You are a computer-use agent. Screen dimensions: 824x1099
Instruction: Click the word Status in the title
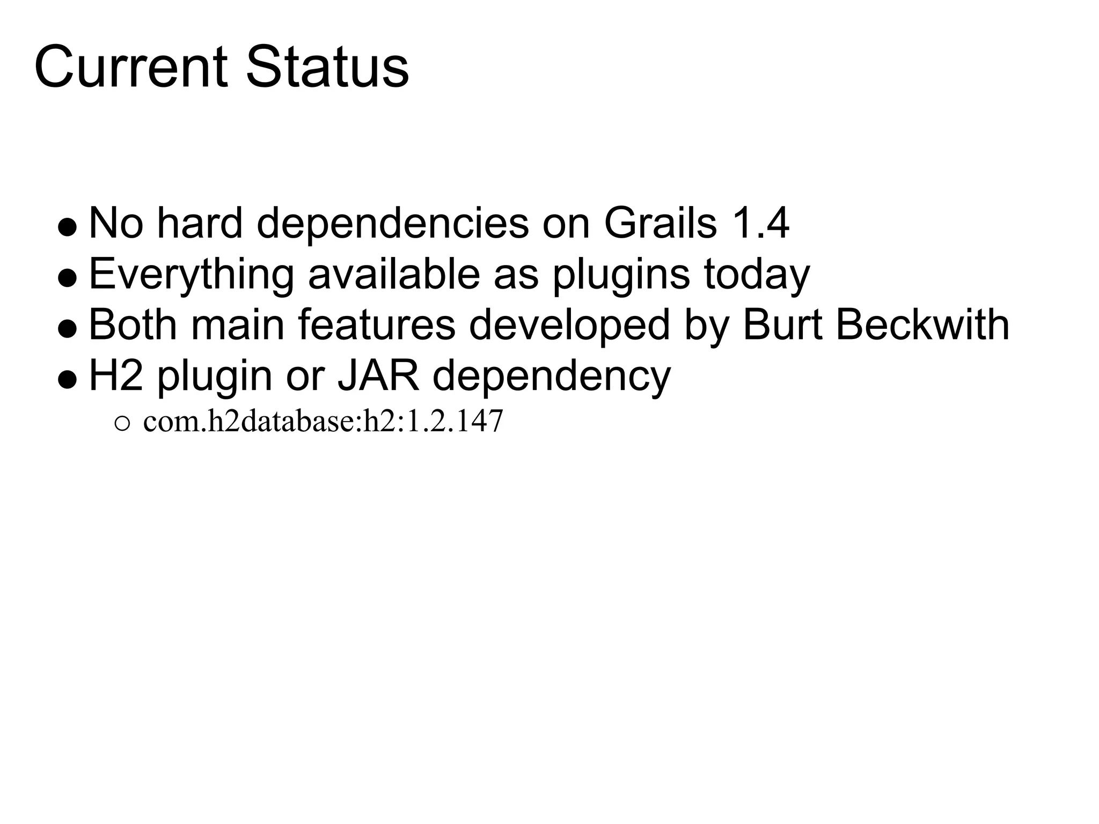(327, 68)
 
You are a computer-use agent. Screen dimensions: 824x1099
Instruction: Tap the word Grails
(660, 223)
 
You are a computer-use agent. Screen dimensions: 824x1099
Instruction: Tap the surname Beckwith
(922, 325)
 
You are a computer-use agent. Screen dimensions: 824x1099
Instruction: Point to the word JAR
(378, 376)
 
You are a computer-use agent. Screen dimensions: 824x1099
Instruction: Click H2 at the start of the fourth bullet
(116, 376)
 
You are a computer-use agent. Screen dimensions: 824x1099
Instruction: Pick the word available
(394, 274)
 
